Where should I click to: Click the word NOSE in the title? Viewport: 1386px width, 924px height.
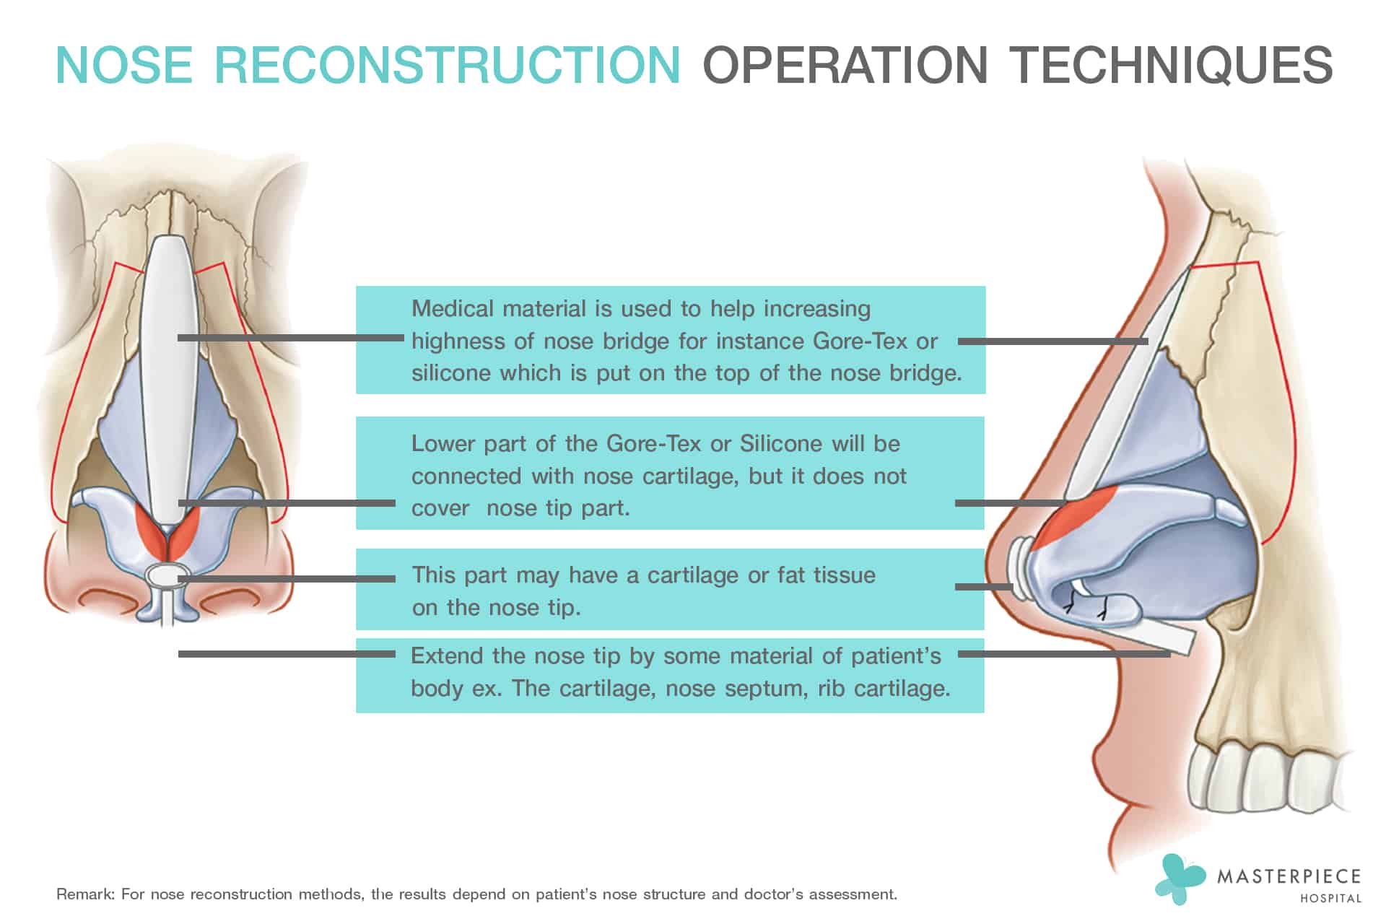point(124,65)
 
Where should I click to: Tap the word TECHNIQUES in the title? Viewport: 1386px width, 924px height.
point(1170,65)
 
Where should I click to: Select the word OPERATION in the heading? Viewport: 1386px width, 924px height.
point(845,65)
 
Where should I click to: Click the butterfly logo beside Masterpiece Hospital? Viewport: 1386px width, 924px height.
point(1180,879)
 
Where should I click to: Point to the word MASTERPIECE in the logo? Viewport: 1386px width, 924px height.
point(1289,876)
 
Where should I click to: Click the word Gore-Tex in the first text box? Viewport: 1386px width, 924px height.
point(860,341)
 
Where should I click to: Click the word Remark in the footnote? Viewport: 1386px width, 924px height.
point(84,894)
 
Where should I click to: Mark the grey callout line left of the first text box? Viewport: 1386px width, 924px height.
point(290,338)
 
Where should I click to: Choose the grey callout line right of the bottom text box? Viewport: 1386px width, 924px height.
point(1064,654)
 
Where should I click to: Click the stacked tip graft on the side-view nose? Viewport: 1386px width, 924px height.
point(1020,567)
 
